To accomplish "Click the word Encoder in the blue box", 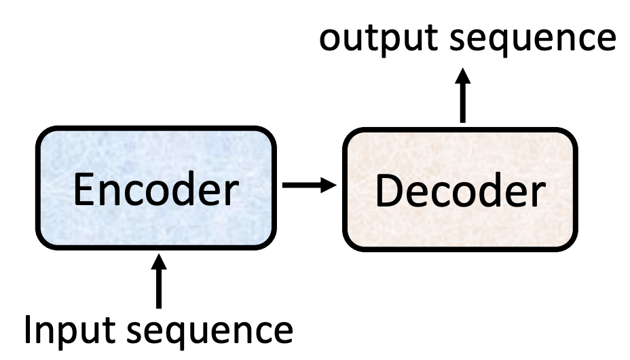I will (x=157, y=192).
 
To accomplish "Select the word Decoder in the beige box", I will (x=460, y=192).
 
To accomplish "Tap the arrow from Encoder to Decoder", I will (x=310, y=184).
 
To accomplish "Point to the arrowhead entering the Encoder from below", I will (x=159, y=262).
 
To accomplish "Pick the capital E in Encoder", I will (x=83, y=192).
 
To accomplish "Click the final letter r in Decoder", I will (x=536, y=196).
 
